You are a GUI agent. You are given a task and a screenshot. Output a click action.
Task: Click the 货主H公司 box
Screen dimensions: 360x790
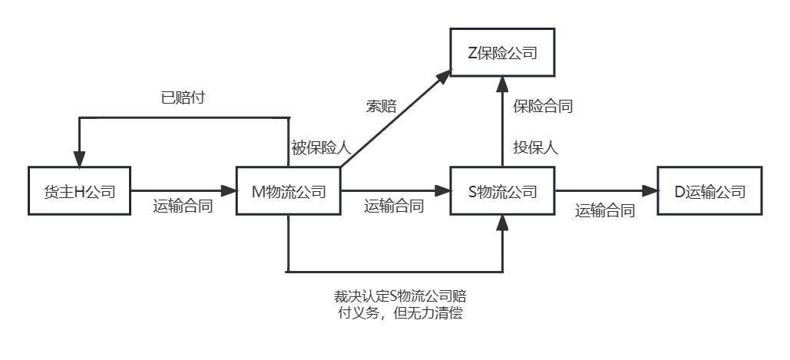pyautogui.click(x=79, y=190)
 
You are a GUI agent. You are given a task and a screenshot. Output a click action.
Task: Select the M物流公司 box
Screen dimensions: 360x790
pyautogui.click(x=288, y=190)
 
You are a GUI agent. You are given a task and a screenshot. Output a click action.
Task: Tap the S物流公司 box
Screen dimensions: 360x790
pyautogui.click(x=502, y=190)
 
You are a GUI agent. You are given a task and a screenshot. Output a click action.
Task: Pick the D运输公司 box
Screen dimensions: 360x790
pyautogui.click(x=709, y=190)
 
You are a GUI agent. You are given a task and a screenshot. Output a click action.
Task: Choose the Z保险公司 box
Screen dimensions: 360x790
pyautogui.click(x=502, y=53)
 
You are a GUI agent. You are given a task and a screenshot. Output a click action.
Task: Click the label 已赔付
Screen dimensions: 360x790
pyautogui.click(x=182, y=98)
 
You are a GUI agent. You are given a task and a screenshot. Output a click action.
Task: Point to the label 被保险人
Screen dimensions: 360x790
pyautogui.click(x=316, y=147)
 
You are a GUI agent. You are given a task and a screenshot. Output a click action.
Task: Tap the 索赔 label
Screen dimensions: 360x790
pyautogui.click(x=382, y=107)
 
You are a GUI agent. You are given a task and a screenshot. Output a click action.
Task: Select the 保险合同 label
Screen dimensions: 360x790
pyautogui.click(x=543, y=107)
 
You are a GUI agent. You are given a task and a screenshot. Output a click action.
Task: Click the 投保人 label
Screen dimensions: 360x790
pyautogui.click(x=535, y=147)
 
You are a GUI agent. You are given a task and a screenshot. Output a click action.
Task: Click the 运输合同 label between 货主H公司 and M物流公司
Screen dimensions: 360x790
pyautogui.click(x=183, y=206)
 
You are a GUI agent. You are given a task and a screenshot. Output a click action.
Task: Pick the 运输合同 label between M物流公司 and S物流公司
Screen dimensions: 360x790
pyautogui.click(x=394, y=206)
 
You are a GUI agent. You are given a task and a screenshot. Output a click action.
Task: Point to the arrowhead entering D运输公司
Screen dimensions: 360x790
pyautogui.click(x=651, y=190)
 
